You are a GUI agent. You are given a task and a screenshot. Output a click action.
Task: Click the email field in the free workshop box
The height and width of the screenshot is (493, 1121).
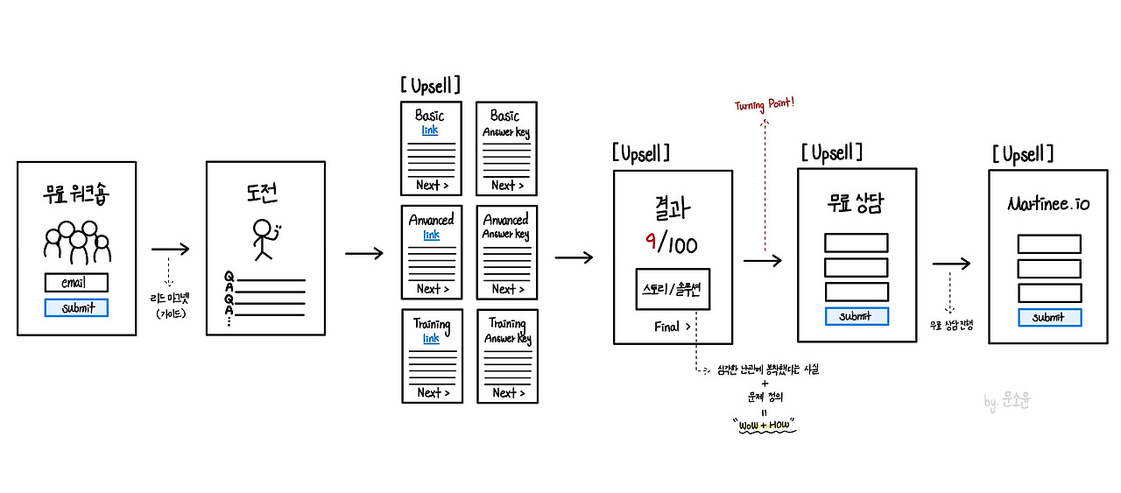(x=76, y=283)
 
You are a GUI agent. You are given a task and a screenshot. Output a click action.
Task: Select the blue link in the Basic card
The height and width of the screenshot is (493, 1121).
(x=430, y=130)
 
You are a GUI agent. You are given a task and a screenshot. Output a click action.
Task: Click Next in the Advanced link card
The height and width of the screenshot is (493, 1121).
(x=433, y=289)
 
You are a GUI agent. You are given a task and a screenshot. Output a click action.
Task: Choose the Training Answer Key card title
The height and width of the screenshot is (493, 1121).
(x=507, y=330)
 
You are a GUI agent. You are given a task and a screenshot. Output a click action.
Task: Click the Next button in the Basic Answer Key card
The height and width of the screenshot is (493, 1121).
(x=507, y=185)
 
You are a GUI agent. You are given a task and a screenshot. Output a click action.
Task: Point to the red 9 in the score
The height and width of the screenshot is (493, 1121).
(x=651, y=242)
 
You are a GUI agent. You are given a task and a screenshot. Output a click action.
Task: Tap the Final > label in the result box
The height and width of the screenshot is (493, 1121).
(x=672, y=327)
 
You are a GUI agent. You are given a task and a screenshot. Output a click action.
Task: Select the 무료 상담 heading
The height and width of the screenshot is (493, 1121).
(x=856, y=207)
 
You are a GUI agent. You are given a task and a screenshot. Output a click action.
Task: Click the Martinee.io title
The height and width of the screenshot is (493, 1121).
(x=1048, y=205)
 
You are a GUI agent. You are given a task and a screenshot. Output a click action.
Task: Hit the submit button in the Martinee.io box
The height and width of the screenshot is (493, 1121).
(x=1048, y=317)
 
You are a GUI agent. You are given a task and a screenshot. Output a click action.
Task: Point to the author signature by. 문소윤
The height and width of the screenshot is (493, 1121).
(x=1007, y=403)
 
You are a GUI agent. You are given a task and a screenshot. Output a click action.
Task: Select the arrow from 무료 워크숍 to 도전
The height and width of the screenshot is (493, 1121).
(x=170, y=249)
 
